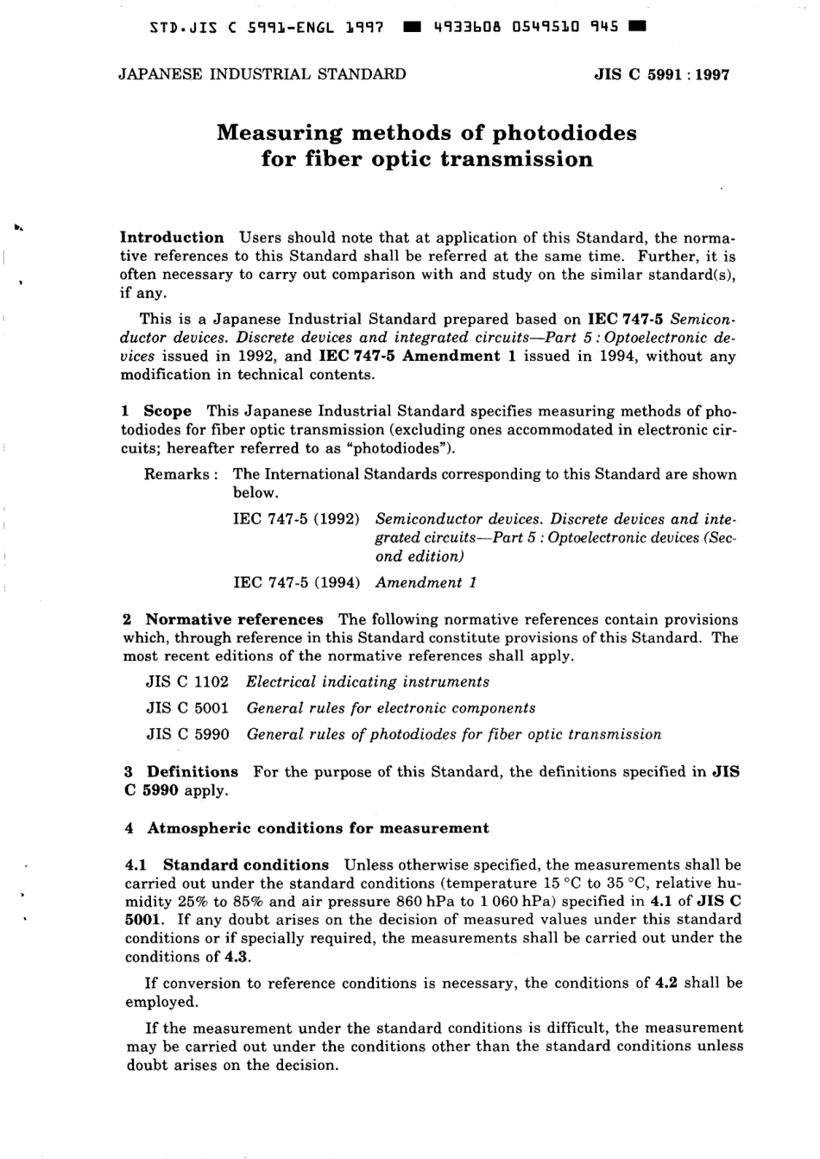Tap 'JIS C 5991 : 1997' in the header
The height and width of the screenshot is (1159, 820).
click(662, 74)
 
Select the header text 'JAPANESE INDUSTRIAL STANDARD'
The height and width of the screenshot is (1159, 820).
click(262, 74)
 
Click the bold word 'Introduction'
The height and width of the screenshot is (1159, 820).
click(172, 237)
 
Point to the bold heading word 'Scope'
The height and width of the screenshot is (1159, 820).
click(167, 411)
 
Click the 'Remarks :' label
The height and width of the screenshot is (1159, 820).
click(180, 474)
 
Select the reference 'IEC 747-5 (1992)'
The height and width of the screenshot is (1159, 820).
click(297, 520)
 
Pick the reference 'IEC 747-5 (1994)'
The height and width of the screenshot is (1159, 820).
click(297, 583)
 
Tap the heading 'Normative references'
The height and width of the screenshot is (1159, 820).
click(235, 619)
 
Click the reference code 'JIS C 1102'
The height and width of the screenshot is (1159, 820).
click(187, 682)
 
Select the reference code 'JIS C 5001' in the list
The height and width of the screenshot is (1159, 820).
click(187, 708)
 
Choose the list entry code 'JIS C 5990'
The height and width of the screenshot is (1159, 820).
click(187, 735)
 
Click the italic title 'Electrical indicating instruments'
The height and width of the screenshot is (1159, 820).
click(368, 682)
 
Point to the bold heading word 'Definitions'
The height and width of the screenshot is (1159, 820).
click(192, 772)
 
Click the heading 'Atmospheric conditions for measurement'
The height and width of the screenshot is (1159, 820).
click(318, 828)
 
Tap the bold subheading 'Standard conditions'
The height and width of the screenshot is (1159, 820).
click(246, 864)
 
